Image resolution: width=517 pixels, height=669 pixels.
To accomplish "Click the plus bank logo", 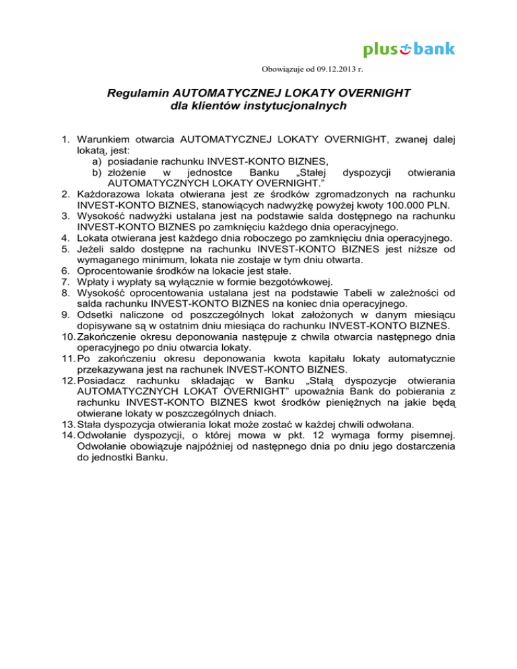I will (409, 49).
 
